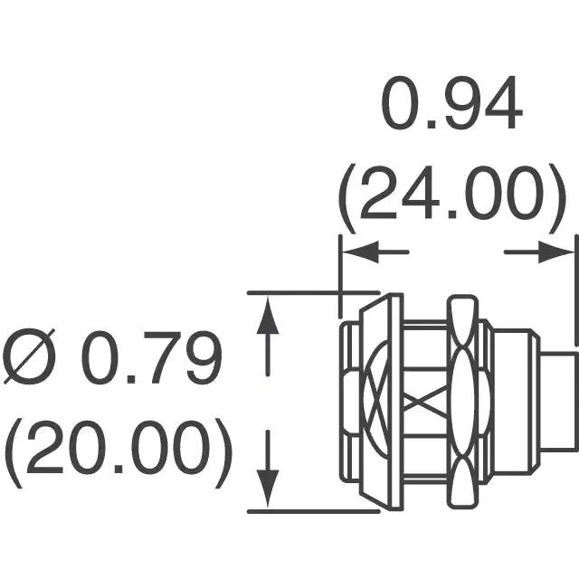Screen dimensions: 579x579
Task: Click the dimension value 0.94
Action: tap(451, 103)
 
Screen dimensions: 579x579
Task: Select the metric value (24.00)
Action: tap(452, 199)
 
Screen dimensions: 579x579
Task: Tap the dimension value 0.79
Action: tap(151, 357)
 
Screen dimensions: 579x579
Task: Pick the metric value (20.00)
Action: tap(119, 452)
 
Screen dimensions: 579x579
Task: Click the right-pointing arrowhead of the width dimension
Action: tap(555, 252)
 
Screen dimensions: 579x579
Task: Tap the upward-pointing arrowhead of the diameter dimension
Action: tap(268, 316)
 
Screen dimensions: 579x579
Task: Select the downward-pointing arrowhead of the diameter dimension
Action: tap(268, 489)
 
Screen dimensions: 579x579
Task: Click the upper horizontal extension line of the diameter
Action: tap(314, 293)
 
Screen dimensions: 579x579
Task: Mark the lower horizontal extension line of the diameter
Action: tap(314, 511)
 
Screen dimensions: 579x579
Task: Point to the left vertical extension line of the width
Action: tap(340, 276)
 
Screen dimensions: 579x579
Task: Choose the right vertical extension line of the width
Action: tap(576, 290)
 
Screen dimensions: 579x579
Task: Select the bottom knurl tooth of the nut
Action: tap(463, 483)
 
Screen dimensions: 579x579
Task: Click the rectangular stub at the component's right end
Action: tap(558, 402)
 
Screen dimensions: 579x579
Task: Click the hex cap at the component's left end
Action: tap(349, 402)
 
